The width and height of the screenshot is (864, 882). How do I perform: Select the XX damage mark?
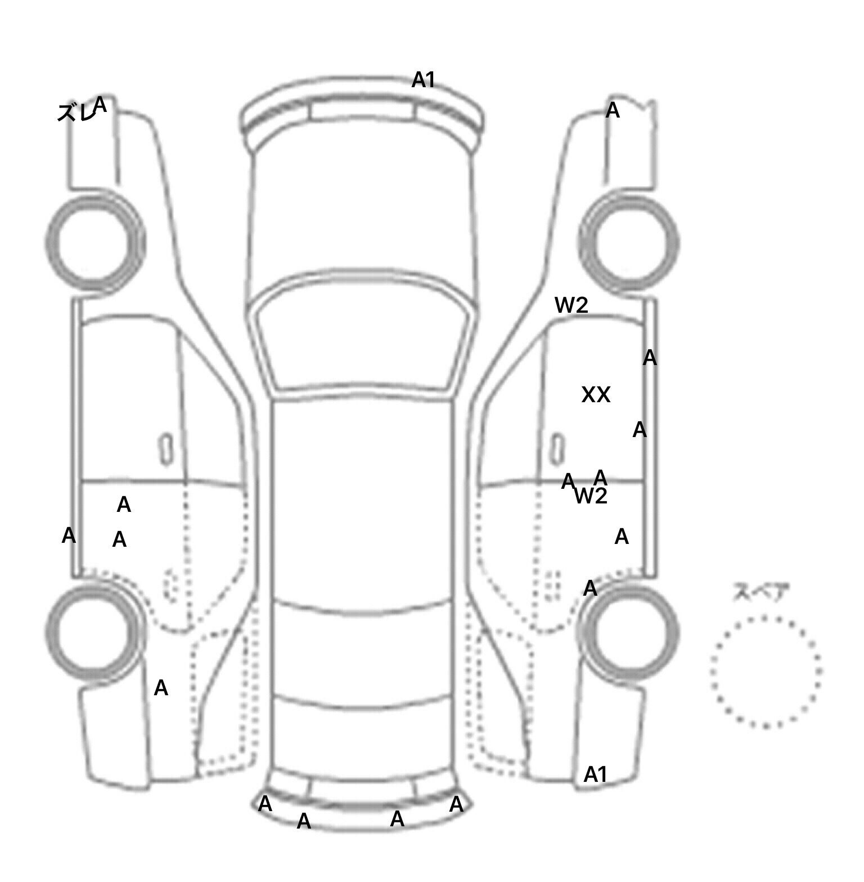596,395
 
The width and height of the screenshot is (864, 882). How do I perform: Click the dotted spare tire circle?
766,671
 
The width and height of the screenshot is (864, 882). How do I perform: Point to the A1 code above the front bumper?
424,80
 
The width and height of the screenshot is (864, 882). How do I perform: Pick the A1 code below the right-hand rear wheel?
596,775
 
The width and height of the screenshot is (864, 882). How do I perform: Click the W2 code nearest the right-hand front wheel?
571,305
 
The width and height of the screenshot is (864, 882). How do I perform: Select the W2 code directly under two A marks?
591,496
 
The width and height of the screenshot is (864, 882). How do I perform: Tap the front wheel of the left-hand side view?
94,243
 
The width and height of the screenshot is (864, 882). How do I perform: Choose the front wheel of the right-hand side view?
629,243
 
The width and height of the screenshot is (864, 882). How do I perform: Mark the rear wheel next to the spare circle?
629,631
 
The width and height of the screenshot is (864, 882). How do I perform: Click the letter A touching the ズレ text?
100,105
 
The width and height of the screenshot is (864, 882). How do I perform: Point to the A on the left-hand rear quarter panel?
161,687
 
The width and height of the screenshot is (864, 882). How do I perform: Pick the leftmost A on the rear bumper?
265,804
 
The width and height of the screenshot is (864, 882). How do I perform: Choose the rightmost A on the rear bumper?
456,804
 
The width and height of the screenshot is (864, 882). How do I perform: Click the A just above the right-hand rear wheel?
590,588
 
